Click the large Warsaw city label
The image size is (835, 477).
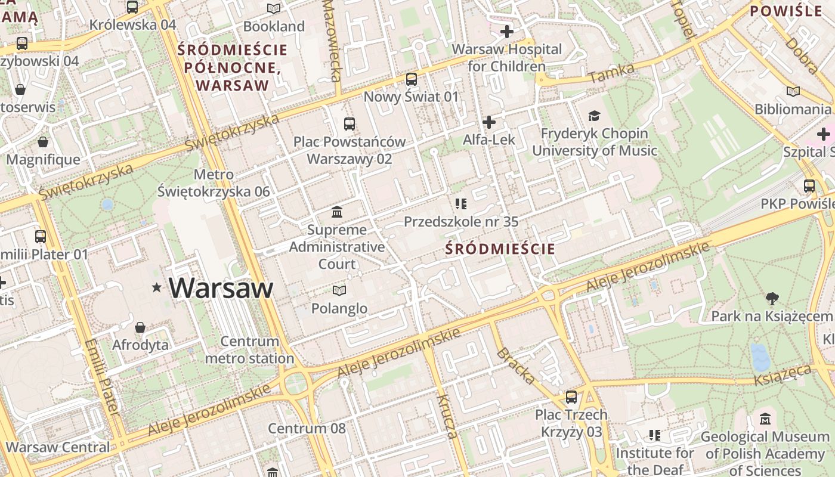coord(221,288)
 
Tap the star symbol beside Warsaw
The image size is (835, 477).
coord(157,287)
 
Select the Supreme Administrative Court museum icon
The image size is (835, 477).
coord(337,212)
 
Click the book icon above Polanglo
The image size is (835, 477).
coord(339,290)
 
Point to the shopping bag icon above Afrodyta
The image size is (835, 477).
coord(140,327)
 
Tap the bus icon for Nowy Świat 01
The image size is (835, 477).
coord(412,79)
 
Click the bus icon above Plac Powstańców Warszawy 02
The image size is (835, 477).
coord(350,124)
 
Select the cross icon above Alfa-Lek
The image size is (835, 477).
coord(489,122)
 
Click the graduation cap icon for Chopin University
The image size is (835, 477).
coord(594,116)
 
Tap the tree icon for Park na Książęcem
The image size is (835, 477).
coord(772,298)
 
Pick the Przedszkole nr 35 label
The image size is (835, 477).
coord(461,222)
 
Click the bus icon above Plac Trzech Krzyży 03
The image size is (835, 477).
coord(571,397)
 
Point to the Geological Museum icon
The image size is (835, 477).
coord(765,419)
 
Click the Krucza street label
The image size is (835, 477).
coord(447,416)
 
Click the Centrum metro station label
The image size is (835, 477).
coord(249,350)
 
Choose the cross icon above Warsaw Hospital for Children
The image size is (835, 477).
coord(507,31)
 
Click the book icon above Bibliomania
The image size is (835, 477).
coord(793,91)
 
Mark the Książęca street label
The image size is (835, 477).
coord(783,376)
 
